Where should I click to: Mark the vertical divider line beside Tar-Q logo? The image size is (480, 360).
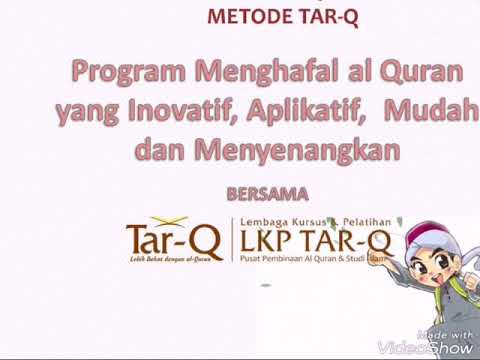231,240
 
